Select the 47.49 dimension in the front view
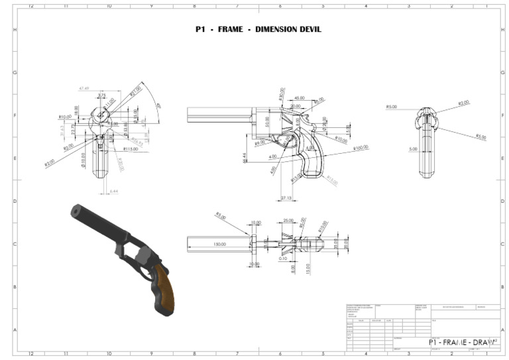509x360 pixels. pos(84,88)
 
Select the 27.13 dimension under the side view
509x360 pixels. pos(286,198)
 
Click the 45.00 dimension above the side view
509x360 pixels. pos(299,97)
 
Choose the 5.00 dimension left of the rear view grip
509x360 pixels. pos(413,149)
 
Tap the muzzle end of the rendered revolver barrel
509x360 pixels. pos(74,211)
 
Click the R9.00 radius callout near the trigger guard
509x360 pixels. pos(260,143)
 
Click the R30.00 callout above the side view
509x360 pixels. pos(281,94)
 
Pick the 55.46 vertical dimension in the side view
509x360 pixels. pos(245,156)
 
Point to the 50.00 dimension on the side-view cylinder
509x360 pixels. pos(268,123)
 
